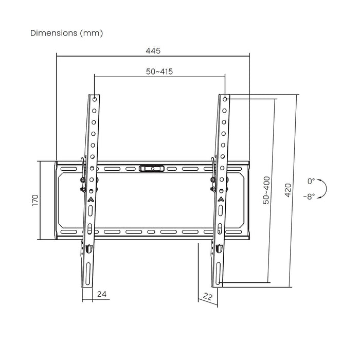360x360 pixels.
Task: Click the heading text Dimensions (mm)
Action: (x=66, y=33)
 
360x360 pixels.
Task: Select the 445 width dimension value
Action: (x=153, y=50)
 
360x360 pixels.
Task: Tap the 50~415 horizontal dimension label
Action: (x=158, y=71)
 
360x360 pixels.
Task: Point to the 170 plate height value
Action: (x=34, y=201)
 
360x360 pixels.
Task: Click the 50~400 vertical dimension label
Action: (x=266, y=191)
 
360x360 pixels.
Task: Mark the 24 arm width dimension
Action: (x=101, y=295)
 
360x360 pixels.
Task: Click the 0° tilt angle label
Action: (x=311, y=182)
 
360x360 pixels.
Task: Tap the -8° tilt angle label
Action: (x=309, y=196)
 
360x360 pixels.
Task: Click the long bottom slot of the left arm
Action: (x=85, y=271)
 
